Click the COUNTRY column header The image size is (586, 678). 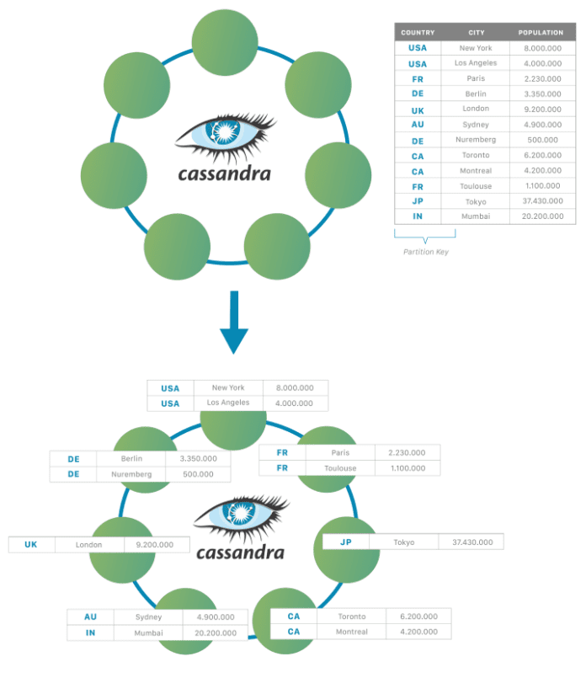click(418, 32)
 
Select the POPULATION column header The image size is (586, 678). click(541, 32)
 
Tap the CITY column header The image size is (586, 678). click(477, 32)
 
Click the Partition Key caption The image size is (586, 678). click(425, 252)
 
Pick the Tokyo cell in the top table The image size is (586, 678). click(476, 201)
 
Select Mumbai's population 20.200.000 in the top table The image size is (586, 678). click(541, 216)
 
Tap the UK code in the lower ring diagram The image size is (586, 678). click(31, 545)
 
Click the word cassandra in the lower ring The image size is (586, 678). click(240, 553)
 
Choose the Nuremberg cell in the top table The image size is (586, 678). click(476, 140)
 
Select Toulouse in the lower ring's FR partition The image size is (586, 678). click(340, 468)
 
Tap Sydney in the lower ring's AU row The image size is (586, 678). click(148, 617)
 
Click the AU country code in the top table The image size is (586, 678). click(418, 125)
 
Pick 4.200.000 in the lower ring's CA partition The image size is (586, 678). click(418, 632)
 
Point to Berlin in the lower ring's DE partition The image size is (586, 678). click(131, 459)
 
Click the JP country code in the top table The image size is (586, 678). click(418, 201)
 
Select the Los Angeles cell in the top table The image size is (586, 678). click(476, 63)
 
